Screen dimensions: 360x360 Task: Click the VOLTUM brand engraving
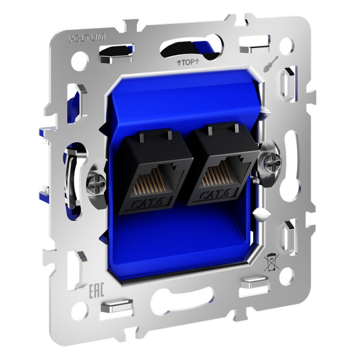click(86, 38)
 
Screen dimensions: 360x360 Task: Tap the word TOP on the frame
click(188, 62)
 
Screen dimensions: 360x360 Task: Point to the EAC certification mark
click(97, 290)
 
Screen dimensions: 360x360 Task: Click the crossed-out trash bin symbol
click(271, 262)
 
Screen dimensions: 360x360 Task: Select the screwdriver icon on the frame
click(271, 64)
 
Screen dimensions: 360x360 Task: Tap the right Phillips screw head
click(272, 160)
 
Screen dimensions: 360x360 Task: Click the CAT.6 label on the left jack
click(148, 203)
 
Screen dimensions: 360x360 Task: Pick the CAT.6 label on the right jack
click(214, 194)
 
